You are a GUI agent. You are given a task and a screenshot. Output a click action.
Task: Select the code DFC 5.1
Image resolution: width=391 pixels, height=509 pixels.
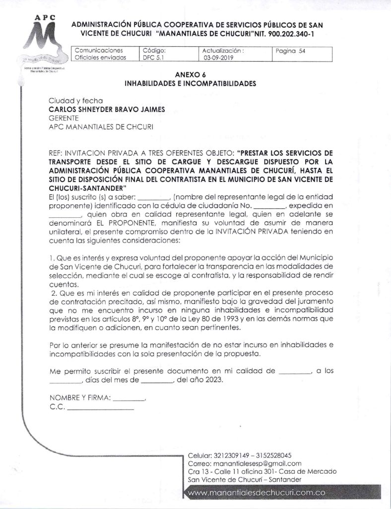pyautogui.click(x=151, y=58)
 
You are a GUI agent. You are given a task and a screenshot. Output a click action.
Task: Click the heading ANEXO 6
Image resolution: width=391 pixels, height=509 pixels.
pyautogui.click(x=191, y=76)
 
